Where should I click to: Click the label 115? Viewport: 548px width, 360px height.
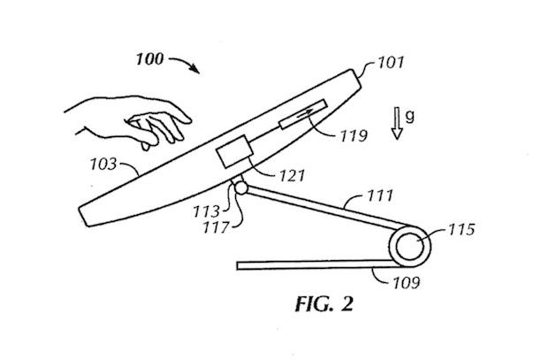click(462, 232)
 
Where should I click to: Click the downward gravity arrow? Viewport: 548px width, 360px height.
click(397, 124)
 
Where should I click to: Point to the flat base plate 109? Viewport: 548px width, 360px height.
click(309, 264)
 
